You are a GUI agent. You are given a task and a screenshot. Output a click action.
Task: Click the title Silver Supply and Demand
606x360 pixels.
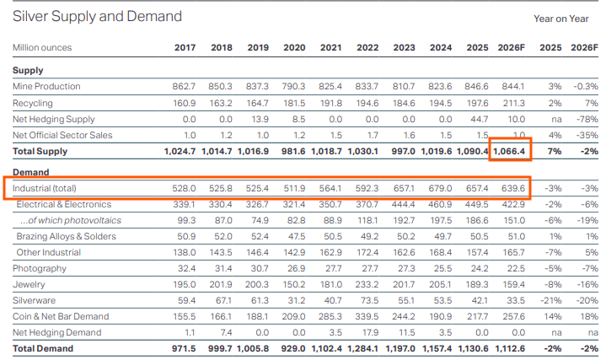(x=97, y=16)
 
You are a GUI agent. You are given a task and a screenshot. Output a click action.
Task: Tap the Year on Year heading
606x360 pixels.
(x=561, y=19)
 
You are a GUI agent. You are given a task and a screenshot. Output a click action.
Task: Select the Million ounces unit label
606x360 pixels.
(x=42, y=47)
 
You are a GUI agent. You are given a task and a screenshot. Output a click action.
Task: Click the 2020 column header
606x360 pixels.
(x=294, y=47)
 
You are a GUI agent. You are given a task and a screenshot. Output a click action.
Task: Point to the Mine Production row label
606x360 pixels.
(x=46, y=86)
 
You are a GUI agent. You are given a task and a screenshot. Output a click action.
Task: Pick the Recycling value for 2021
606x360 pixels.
(x=330, y=103)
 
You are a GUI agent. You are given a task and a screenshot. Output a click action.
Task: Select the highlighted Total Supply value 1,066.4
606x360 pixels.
(x=509, y=151)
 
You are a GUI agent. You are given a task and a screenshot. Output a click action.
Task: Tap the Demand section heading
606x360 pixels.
(x=31, y=172)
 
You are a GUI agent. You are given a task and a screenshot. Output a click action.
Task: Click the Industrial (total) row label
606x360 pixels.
(x=45, y=188)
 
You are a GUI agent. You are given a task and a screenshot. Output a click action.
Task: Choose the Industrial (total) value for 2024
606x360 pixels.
(x=440, y=188)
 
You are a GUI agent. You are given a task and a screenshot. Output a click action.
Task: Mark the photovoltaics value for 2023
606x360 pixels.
(x=404, y=220)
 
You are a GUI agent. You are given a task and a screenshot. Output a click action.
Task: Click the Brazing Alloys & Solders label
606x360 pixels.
(x=66, y=236)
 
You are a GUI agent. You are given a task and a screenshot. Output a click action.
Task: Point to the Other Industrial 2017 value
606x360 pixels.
(x=184, y=252)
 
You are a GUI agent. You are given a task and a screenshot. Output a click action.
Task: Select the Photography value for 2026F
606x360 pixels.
(x=516, y=268)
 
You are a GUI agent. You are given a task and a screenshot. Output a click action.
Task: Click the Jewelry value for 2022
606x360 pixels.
(x=367, y=285)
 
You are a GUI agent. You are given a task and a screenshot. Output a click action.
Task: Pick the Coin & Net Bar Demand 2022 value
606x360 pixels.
(x=367, y=317)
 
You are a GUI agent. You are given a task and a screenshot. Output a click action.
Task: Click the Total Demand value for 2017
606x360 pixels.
(x=184, y=348)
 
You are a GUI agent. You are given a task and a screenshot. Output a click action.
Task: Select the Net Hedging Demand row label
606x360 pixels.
(x=56, y=332)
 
